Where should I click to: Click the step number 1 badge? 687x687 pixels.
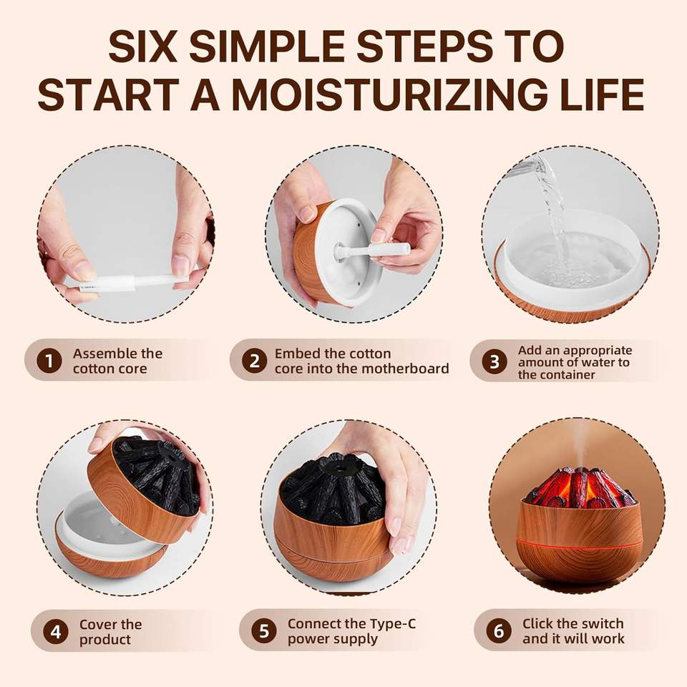tap(49, 361)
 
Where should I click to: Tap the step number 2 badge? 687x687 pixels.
tap(255, 361)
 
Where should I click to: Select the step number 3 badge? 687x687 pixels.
tap(494, 362)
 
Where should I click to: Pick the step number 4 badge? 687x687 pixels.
tap(56, 632)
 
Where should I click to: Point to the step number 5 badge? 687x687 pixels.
tap(264, 631)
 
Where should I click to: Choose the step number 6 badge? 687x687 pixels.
tap(499, 630)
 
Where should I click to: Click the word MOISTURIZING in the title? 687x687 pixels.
tap(389, 94)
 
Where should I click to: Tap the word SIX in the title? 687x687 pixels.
tap(143, 46)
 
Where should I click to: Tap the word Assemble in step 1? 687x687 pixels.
tap(99, 354)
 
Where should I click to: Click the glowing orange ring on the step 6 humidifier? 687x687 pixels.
tap(580, 542)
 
